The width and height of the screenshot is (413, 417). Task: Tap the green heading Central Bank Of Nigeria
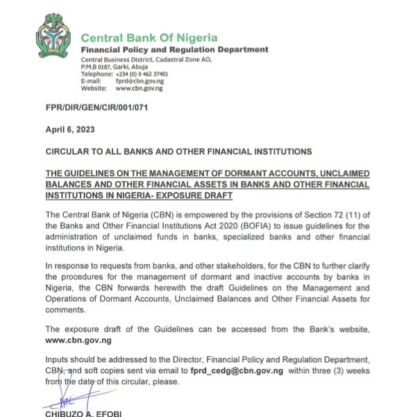click(x=149, y=38)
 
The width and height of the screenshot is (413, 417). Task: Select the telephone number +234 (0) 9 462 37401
click(x=142, y=74)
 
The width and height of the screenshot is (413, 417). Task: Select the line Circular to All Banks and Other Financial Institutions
click(x=178, y=152)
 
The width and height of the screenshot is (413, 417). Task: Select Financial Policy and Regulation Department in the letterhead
click(x=174, y=50)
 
